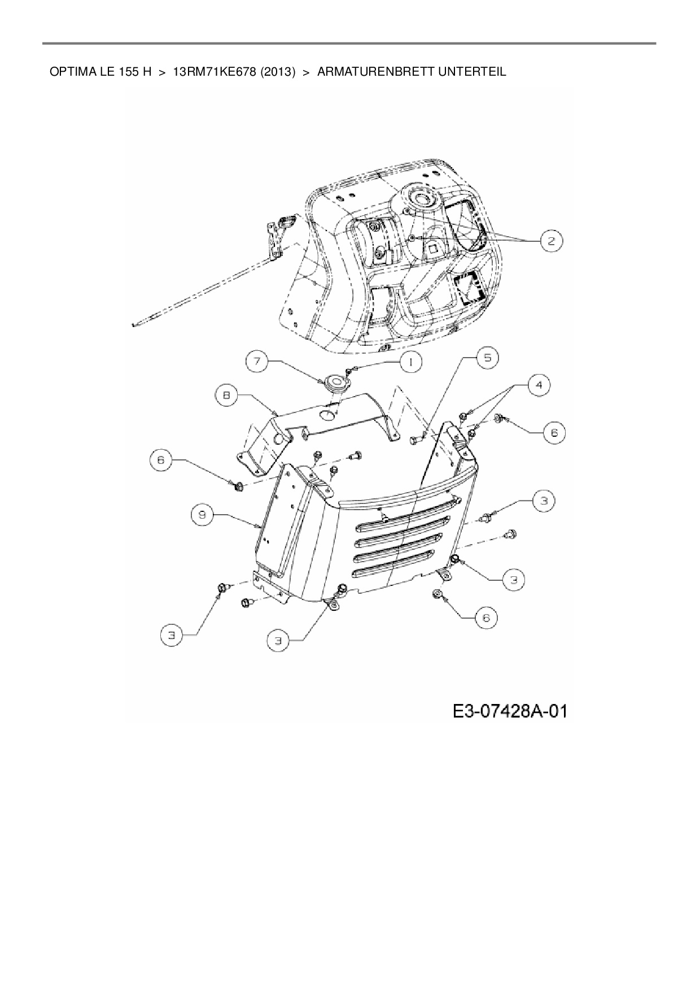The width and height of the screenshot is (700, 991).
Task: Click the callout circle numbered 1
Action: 410,362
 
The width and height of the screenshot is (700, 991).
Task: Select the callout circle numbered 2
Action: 550,241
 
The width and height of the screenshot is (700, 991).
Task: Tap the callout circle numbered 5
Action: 487,358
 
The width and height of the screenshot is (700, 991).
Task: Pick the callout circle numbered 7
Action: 257,362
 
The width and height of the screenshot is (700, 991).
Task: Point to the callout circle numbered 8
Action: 226,396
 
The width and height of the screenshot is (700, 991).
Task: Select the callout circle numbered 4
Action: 539,385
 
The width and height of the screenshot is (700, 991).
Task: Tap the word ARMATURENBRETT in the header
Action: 373,72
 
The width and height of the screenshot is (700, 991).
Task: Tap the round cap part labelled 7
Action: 336,383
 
